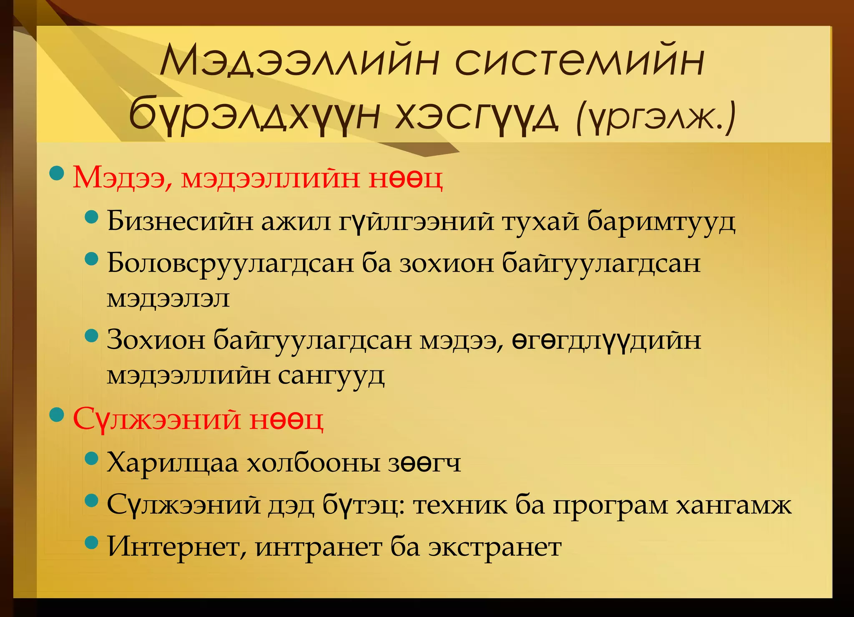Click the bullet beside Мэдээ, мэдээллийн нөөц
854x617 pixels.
(57, 173)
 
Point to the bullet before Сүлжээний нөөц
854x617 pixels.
(57, 415)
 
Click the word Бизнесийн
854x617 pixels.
(180, 221)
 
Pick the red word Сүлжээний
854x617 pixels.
(156, 419)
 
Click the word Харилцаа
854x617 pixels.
(172, 463)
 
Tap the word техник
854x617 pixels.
(460, 505)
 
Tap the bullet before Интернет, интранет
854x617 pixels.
(91, 542)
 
